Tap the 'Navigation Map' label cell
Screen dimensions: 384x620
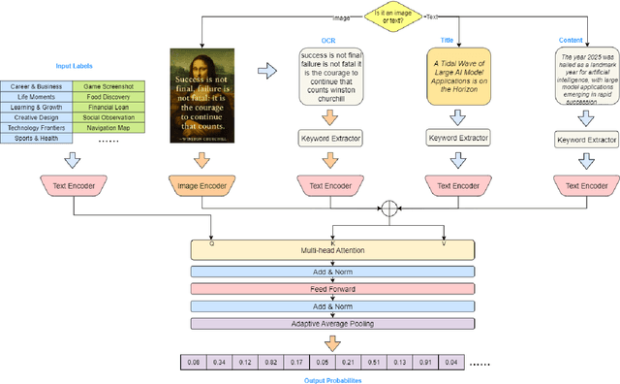[112, 127]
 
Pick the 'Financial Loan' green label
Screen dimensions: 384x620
[112, 107]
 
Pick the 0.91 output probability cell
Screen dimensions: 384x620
[424, 363]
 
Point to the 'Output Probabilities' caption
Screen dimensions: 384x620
[333, 379]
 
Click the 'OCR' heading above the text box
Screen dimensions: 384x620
[328, 41]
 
